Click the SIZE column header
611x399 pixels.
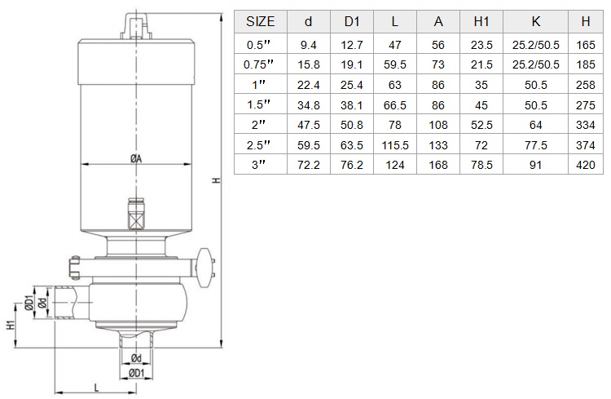(261, 21)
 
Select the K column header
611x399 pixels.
(535, 21)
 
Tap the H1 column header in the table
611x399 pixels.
(481, 21)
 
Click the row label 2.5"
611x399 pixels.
(258, 145)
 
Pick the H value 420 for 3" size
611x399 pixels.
(585, 165)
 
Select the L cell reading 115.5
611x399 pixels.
(395, 145)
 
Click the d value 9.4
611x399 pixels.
(308, 46)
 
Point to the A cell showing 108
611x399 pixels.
(438, 125)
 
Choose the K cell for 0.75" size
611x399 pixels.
(535, 64)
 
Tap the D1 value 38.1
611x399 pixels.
(351, 105)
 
